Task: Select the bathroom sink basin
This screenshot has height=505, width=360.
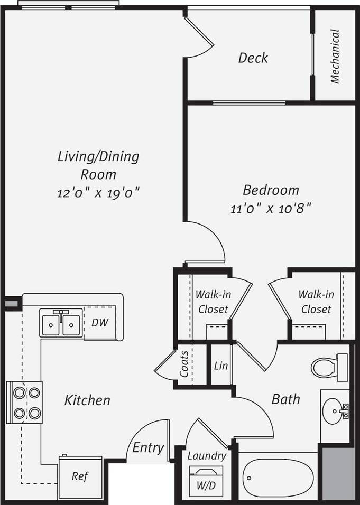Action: tap(334, 408)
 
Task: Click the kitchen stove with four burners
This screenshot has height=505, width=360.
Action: tap(26, 403)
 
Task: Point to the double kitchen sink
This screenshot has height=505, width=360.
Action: tap(61, 323)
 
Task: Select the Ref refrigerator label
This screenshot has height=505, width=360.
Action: tap(79, 476)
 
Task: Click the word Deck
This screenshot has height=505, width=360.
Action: tap(253, 58)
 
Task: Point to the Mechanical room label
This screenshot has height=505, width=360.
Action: tap(335, 56)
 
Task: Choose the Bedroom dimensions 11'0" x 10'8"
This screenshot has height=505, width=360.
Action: tap(270, 208)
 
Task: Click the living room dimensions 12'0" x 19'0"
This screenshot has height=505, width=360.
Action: tap(98, 192)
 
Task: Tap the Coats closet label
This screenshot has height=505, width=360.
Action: tap(184, 364)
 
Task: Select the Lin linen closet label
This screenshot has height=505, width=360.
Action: tap(221, 366)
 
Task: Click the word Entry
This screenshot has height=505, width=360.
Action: tap(147, 447)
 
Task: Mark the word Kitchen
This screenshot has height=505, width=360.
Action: tap(87, 400)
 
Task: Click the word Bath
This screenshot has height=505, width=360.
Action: tap(285, 399)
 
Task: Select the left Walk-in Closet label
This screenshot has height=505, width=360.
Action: tap(213, 302)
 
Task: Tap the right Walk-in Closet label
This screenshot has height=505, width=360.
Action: tap(316, 302)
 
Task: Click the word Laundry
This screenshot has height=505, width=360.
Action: tap(207, 455)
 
